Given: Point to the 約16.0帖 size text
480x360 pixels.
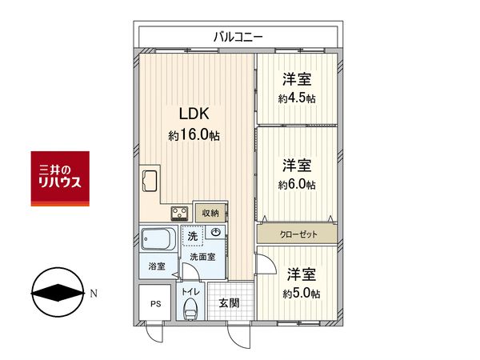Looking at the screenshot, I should (x=194, y=135).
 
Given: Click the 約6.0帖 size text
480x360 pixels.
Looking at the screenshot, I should (x=296, y=185).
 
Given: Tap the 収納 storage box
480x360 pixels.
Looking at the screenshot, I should (x=210, y=213).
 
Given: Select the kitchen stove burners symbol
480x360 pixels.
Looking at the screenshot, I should (x=179, y=214).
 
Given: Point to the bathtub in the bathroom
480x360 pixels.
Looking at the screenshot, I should (x=159, y=239).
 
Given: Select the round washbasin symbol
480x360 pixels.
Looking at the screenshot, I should (x=215, y=233).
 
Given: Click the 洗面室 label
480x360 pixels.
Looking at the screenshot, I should (x=203, y=257).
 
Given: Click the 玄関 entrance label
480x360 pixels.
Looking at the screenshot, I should (x=229, y=303).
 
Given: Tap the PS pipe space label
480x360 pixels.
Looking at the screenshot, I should (x=154, y=304).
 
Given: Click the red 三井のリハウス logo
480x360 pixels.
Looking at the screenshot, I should (x=60, y=178).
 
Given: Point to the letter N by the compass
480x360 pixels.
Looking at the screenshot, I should (x=94, y=294).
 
